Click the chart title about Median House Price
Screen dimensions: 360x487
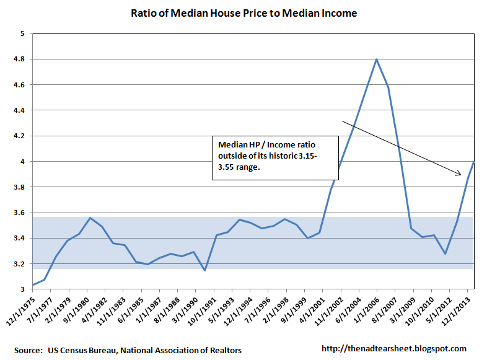pos(243,13)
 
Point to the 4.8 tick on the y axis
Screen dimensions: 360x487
pos(19,59)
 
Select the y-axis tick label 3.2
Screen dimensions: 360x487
pos(19,264)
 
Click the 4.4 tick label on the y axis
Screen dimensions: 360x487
pos(19,110)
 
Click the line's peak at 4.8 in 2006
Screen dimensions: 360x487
pos(376,59)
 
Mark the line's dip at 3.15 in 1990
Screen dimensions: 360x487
pos(204,270)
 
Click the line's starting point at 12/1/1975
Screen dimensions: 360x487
pos(32,285)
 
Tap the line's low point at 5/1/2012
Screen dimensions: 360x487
pos(445,254)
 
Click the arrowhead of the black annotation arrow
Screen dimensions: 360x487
pos(460,175)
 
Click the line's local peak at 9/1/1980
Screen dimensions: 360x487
pos(91,218)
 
